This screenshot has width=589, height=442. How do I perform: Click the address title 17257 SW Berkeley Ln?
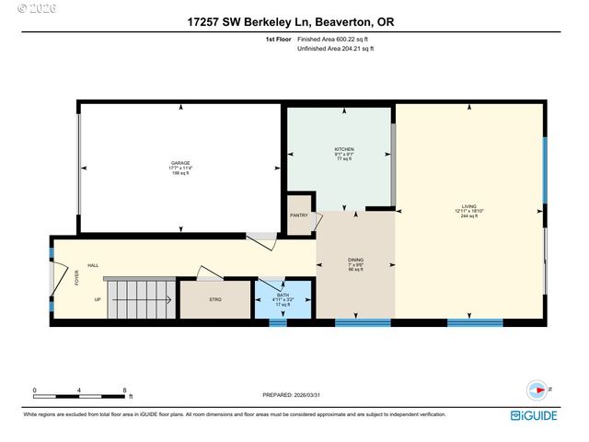pos(294,20)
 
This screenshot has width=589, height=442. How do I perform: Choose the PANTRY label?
pos(299,215)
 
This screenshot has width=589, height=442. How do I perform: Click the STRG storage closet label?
pos(215,299)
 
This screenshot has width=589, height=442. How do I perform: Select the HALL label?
pos(93,265)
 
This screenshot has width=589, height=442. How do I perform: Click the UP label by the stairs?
pos(98,299)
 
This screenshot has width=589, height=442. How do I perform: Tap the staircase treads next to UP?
pos(140,299)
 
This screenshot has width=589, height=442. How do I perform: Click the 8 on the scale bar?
pos(124,390)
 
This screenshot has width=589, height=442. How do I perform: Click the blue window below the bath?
pos(278,323)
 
